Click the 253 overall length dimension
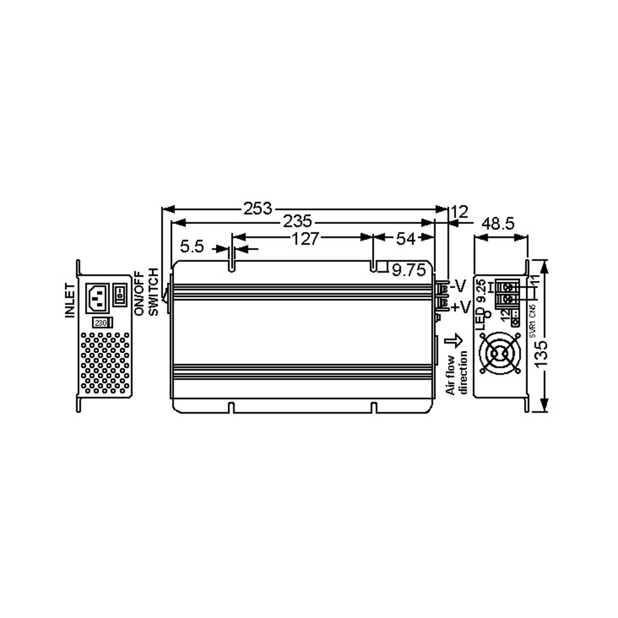coord(257,209)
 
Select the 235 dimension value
coord(297,221)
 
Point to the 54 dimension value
coord(406,239)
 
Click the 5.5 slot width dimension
coord(192,246)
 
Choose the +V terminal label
coord(461,307)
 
